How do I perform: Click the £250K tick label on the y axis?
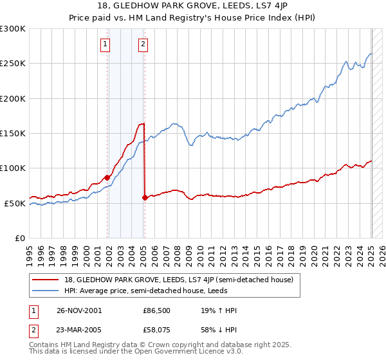[x=12, y=64]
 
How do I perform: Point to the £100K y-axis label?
[x=12, y=168]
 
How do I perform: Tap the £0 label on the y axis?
[x=19, y=238]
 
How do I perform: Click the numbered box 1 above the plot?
[x=104, y=44]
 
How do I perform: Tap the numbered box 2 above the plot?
[x=142, y=44]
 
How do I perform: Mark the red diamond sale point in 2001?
[x=107, y=177]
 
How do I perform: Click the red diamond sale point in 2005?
[x=145, y=197]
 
